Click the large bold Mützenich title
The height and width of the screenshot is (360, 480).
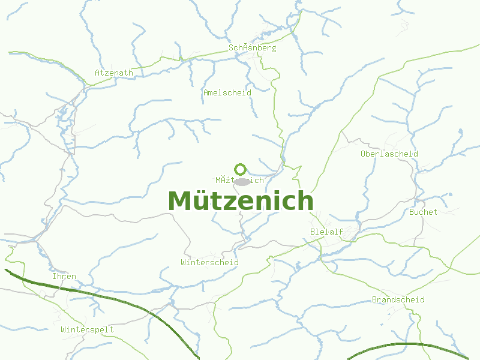(x=240, y=201)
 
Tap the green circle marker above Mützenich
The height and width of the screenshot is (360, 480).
(x=241, y=169)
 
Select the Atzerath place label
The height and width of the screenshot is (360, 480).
(x=114, y=73)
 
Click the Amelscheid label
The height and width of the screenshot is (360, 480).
(x=227, y=93)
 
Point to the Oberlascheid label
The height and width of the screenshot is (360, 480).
(x=389, y=154)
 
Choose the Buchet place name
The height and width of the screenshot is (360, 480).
(x=424, y=212)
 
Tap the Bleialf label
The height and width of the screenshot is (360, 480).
(x=327, y=232)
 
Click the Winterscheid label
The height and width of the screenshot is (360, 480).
(x=209, y=262)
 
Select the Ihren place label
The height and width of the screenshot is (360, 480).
(x=64, y=277)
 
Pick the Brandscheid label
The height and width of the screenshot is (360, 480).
(x=398, y=299)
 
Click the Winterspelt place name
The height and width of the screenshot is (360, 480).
(x=87, y=329)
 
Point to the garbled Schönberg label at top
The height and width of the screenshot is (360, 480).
(x=252, y=47)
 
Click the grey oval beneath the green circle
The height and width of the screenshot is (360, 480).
(x=242, y=181)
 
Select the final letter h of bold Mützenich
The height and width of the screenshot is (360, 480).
(x=305, y=200)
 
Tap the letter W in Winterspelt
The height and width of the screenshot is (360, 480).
(x=63, y=329)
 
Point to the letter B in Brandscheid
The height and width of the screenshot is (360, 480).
(x=374, y=299)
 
